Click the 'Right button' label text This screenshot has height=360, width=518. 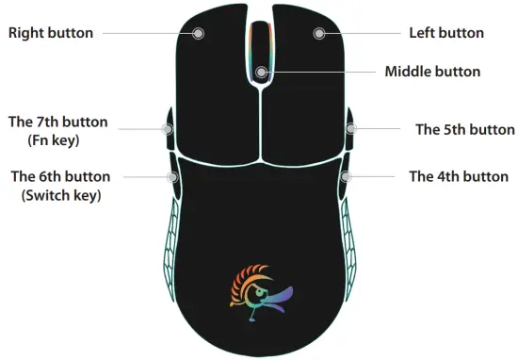pos(51,33)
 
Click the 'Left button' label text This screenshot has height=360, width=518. pos(446,33)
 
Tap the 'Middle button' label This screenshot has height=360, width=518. pos(432,72)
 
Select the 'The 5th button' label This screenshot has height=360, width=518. pos(465,130)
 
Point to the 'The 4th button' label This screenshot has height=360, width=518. pos(458,176)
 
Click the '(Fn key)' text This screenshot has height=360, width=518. pos(57,140)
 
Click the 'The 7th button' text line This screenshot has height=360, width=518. pos(57,123)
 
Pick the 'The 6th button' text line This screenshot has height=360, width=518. pos(59,176)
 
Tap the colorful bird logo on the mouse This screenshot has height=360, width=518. pos(260,293)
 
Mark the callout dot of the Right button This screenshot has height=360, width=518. pos(199,33)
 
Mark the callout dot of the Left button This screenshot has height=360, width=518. pos(319,33)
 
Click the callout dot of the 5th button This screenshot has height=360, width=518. pos(349,129)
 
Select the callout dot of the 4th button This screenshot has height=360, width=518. pos(346,175)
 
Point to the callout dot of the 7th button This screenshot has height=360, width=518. pos(169,129)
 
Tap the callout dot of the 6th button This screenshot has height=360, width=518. pos(172,175)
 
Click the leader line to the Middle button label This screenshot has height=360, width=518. pos(320,72)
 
